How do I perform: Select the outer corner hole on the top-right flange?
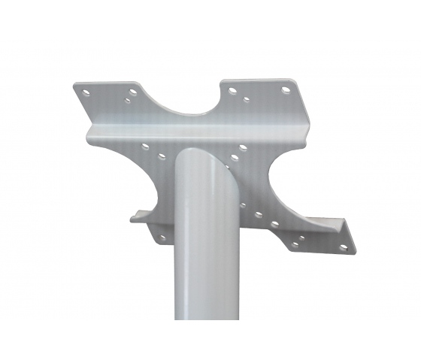(x=286, y=90)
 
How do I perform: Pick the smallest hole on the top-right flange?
(x=246, y=98)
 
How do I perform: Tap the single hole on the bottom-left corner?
(x=160, y=238)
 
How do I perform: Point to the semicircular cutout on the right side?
(x=289, y=188)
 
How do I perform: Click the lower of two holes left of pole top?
(x=161, y=157)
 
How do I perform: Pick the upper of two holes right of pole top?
(x=241, y=147)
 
